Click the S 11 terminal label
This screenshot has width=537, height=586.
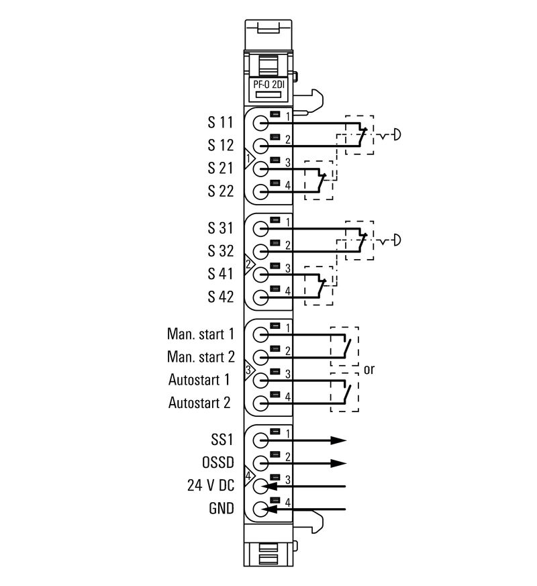(220, 123)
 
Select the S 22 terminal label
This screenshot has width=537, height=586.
(220, 191)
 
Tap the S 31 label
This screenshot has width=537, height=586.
(220, 228)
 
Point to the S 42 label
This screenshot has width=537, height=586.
(220, 296)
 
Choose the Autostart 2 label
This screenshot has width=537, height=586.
(199, 403)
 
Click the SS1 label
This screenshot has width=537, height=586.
(221, 440)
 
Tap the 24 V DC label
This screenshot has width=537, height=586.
(210, 486)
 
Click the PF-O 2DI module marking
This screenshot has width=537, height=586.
(269, 85)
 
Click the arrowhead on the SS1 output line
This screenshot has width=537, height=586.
(338, 440)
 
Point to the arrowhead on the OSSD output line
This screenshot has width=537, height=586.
(338, 463)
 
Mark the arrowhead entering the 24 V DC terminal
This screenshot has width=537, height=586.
(270, 486)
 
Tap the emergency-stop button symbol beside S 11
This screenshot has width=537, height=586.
(395, 135)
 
